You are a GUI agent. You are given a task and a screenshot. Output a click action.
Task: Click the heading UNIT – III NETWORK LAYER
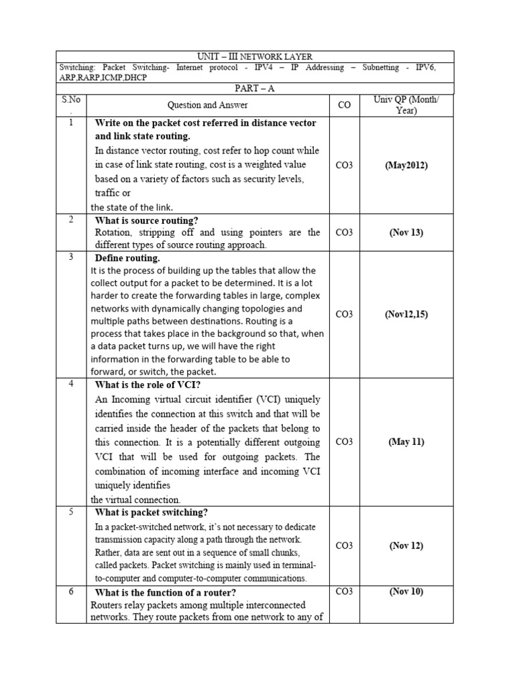click(254, 57)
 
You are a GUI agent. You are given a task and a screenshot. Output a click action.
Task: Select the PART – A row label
click(254, 88)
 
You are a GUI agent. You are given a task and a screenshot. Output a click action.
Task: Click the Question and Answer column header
click(207, 105)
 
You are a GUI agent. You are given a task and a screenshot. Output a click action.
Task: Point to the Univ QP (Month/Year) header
click(406, 105)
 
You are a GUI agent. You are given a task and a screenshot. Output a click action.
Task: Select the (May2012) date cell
click(406, 165)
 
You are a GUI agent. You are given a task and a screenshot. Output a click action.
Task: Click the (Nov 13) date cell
click(406, 232)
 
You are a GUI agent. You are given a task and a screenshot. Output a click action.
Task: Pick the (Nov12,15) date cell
click(406, 314)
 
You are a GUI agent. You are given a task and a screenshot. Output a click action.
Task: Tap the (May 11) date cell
click(406, 441)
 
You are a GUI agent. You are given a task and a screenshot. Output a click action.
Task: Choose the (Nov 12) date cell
click(406, 545)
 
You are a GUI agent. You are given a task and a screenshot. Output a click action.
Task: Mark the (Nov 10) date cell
click(406, 592)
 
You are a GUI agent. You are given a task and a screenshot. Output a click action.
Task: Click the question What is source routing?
click(146, 220)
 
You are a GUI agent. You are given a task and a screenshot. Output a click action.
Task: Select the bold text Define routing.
click(127, 258)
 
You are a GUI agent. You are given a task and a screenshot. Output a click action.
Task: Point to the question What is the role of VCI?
click(148, 384)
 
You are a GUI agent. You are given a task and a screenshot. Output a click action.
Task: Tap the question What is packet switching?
click(152, 512)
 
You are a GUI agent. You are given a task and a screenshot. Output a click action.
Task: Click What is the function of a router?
click(165, 592)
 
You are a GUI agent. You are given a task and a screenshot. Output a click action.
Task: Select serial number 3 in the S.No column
click(71, 257)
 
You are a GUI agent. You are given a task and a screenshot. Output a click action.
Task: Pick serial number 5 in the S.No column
click(71, 512)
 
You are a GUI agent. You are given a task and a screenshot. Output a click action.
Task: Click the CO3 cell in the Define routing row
click(344, 314)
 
